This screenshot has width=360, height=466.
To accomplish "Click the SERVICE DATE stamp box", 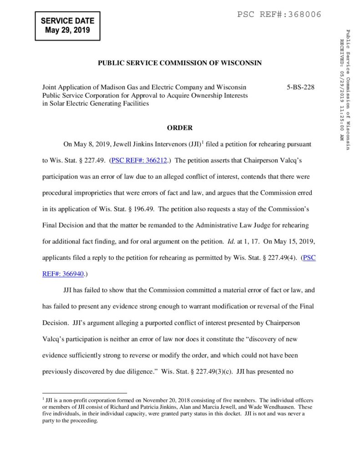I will point(67,26).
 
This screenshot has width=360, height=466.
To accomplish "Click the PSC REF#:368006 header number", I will point(279,15).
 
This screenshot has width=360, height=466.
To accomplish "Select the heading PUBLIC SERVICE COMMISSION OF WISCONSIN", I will point(180,63).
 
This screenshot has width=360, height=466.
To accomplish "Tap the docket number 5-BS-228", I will point(300,87).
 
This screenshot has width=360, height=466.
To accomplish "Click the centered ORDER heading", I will point(180,128).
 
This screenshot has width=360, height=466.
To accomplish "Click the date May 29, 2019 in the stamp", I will point(67,31).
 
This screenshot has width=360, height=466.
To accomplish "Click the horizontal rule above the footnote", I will point(84,392).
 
